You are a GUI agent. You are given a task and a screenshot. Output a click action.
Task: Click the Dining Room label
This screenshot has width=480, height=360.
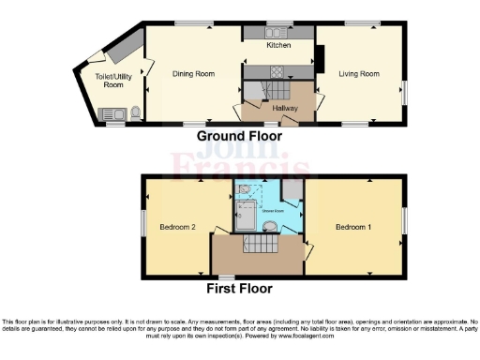192,72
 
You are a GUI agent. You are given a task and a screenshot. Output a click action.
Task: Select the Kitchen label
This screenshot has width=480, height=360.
278,45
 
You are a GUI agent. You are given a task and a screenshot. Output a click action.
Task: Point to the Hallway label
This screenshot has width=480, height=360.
285,108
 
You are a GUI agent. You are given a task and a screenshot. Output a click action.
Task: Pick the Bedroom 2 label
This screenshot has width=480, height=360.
178,228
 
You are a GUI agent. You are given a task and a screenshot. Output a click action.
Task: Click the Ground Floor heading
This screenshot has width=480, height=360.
239,136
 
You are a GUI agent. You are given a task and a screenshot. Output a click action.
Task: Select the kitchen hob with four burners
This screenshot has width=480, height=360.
277,71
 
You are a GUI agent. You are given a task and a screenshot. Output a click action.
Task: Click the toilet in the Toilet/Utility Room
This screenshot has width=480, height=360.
136,113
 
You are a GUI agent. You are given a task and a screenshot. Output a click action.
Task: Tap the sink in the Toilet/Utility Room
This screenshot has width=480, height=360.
112,114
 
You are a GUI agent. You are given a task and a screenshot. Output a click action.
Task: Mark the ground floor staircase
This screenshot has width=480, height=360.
266,90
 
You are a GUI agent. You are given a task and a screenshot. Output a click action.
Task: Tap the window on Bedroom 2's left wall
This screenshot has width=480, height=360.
142,221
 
